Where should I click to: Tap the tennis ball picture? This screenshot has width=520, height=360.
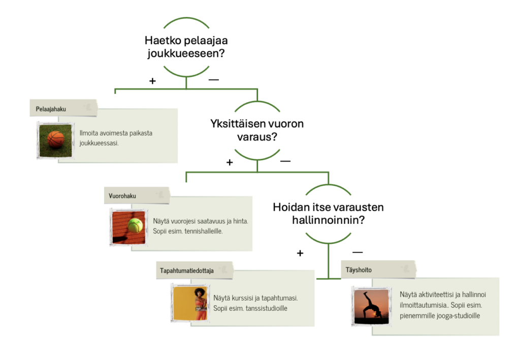click(x=127, y=226)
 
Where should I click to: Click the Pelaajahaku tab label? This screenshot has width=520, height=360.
click(x=51, y=109)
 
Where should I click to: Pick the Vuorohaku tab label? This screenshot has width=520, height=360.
click(x=122, y=196)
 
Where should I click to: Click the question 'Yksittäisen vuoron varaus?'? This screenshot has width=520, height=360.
click(x=257, y=130)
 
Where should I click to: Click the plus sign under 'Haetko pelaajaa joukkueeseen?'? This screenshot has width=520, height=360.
click(x=152, y=81)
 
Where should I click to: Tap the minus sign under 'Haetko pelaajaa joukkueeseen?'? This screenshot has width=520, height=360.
click(x=213, y=80)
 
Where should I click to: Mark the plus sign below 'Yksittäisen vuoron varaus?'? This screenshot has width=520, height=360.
click(x=230, y=162)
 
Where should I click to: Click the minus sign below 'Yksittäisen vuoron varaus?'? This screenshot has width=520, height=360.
click(x=285, y=161)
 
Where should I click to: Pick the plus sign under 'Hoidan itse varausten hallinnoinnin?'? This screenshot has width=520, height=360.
click(x=300, y=253)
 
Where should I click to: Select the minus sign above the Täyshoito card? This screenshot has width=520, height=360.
click(x=357, y=252)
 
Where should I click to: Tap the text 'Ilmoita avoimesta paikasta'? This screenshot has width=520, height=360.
click(x=116, y=133)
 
